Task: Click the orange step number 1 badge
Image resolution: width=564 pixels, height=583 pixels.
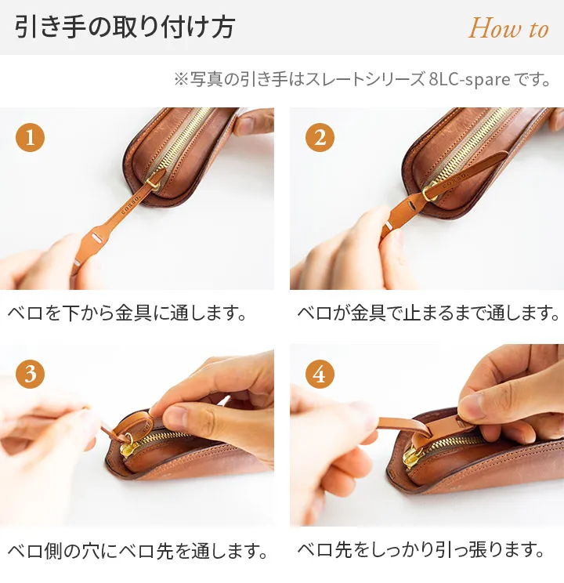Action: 30,137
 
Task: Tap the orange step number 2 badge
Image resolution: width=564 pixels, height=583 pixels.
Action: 320,137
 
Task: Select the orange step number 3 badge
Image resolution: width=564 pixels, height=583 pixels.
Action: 30,374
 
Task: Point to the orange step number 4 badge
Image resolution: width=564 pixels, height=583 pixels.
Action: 320,374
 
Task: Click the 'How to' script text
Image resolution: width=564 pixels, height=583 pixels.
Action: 508,28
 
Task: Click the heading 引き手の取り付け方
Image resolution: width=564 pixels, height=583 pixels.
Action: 125,27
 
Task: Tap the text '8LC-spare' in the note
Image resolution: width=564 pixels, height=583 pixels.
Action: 469,80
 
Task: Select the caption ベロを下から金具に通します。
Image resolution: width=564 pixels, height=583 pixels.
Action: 127,313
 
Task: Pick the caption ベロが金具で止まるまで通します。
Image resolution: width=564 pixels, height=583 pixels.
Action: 428,313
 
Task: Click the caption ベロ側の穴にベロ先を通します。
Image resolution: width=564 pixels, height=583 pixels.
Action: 138,550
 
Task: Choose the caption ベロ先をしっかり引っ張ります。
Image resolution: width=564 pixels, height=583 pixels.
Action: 421,549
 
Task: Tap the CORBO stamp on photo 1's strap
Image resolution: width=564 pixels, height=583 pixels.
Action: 131,205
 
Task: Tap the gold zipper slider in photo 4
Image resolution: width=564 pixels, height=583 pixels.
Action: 412,455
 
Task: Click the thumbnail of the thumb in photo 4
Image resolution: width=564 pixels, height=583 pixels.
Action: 471,406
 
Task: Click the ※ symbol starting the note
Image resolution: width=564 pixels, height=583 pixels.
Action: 181,80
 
